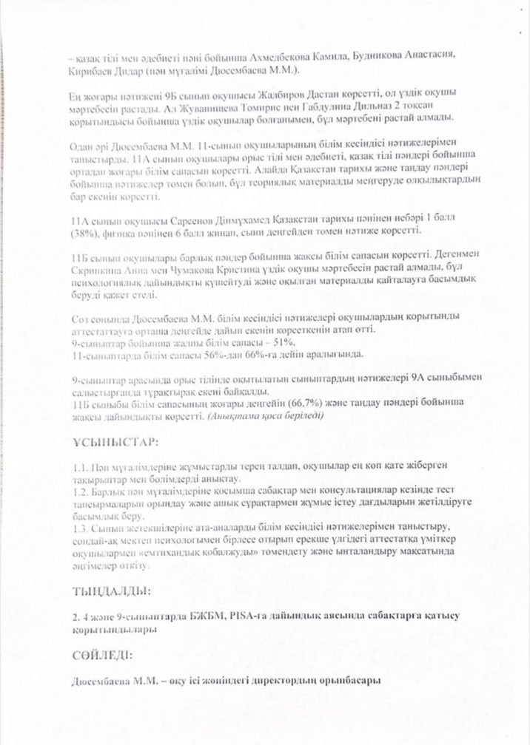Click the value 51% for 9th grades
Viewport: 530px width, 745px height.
tap(284, 341)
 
